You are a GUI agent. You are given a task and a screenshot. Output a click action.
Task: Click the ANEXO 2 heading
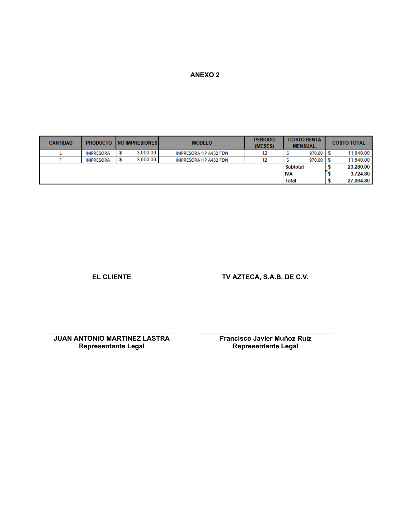click(x=205, y=75)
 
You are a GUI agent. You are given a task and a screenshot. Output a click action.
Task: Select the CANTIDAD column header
click(x=60, y=143)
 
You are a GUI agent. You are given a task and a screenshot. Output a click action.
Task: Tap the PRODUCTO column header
click(x=99, y=143)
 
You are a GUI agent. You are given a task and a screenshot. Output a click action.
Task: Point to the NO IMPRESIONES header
click(x=137, y=143)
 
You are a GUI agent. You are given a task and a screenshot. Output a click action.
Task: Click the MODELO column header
click(x=202, y=143)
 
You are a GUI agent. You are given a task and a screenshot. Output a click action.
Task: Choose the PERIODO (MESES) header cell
click(x=264, y=143)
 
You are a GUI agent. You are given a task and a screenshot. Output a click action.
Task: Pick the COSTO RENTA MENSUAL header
click(x=304, y=143)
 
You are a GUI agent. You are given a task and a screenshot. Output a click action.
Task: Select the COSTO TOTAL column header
click(x=349, y=143)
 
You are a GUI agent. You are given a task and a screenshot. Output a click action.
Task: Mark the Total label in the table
click(x=290, y=181)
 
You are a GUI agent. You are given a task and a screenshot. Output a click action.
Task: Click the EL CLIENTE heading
click(x=112, y=277)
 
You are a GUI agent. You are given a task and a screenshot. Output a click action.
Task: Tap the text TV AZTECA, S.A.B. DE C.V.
click(x=265, y=277)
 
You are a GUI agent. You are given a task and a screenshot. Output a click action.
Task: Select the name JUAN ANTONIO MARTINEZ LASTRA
click(x=112, y=338)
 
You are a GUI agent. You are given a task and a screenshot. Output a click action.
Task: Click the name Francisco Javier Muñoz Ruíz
click(x=266, y=338)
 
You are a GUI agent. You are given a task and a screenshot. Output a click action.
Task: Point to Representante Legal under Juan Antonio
click(x=112, y=346)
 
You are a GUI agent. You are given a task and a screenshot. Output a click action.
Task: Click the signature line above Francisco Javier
click(x=266, y=333)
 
